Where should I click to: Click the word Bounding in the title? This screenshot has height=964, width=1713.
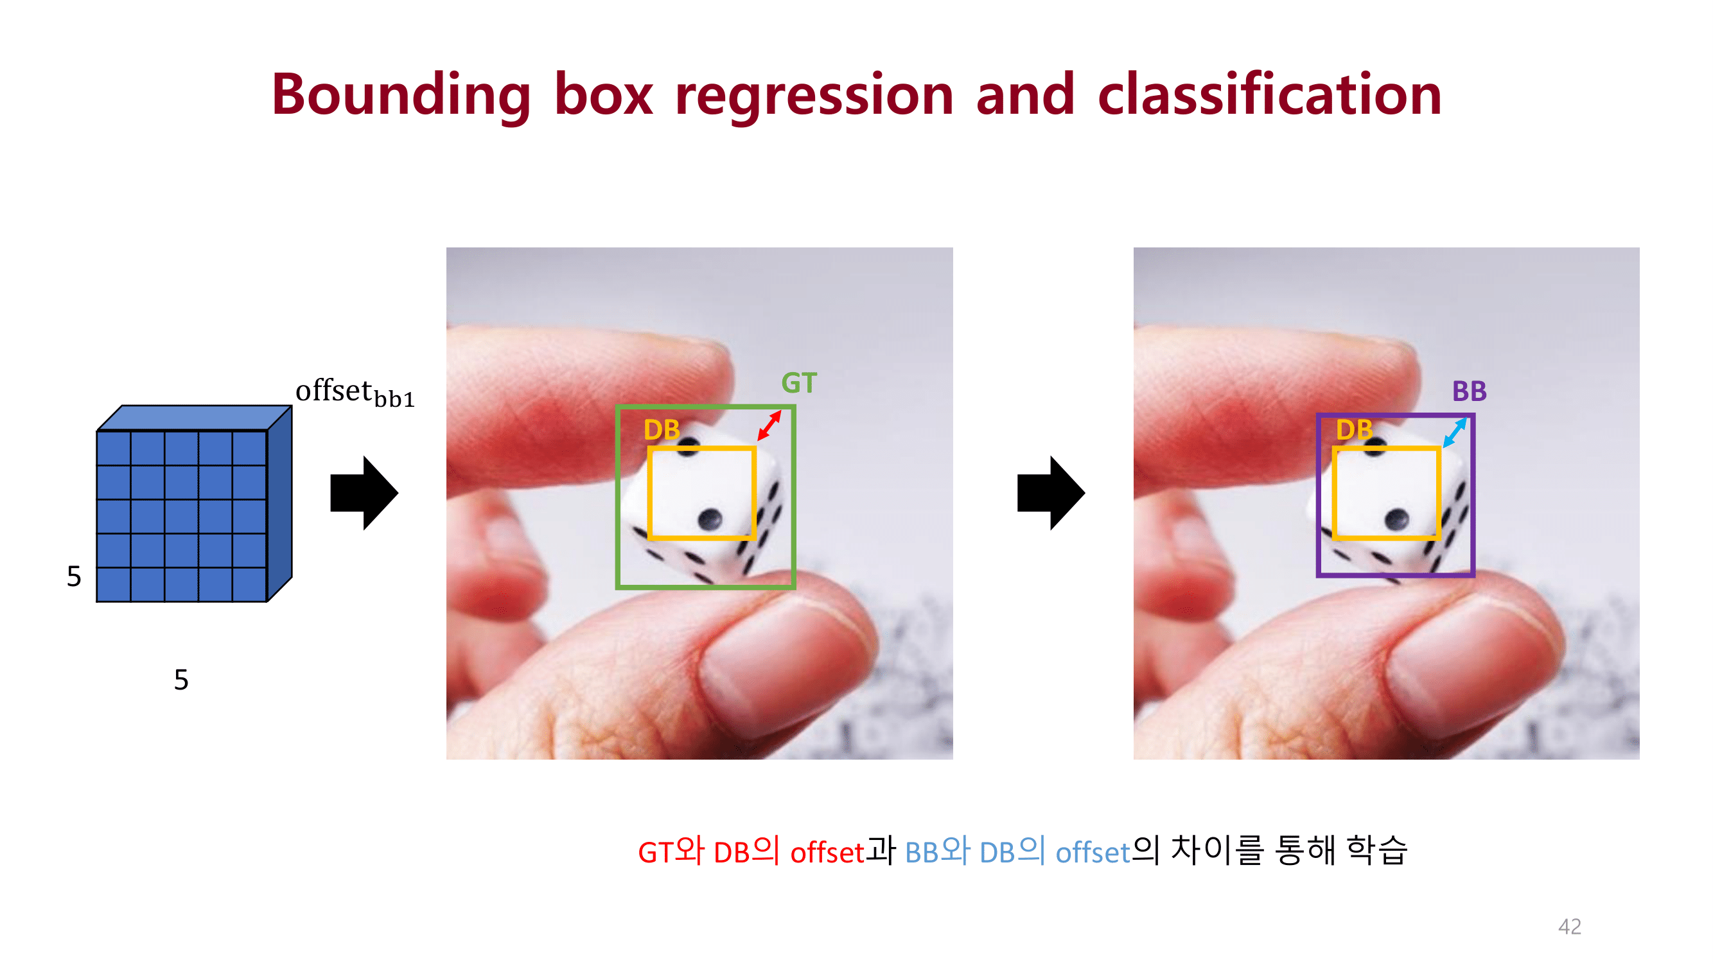[401, 95]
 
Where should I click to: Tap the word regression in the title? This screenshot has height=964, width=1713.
[814, 95]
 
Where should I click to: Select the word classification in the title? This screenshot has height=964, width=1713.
[1269, 95]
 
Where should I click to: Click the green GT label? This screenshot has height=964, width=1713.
[798, 383]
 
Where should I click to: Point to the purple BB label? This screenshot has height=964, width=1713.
[1469, 391]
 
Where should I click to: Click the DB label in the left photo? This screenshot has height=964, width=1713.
[662, 430]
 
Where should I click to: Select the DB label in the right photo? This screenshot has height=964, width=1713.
[1354, 430]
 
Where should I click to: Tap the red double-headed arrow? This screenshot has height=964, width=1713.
[769, 426]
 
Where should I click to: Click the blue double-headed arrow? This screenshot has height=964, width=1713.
[1454, 433]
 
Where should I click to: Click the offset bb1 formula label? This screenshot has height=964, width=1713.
[355, 393]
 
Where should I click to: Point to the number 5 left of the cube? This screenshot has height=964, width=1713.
[74, 576]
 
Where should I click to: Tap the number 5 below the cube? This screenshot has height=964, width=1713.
[181, 680]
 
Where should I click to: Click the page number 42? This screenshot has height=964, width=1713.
[1569, 926]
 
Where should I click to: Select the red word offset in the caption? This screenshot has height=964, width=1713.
[827, 853]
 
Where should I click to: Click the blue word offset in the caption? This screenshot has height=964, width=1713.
[1093, 853]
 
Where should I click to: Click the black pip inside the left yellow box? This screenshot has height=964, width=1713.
[710, 517]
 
